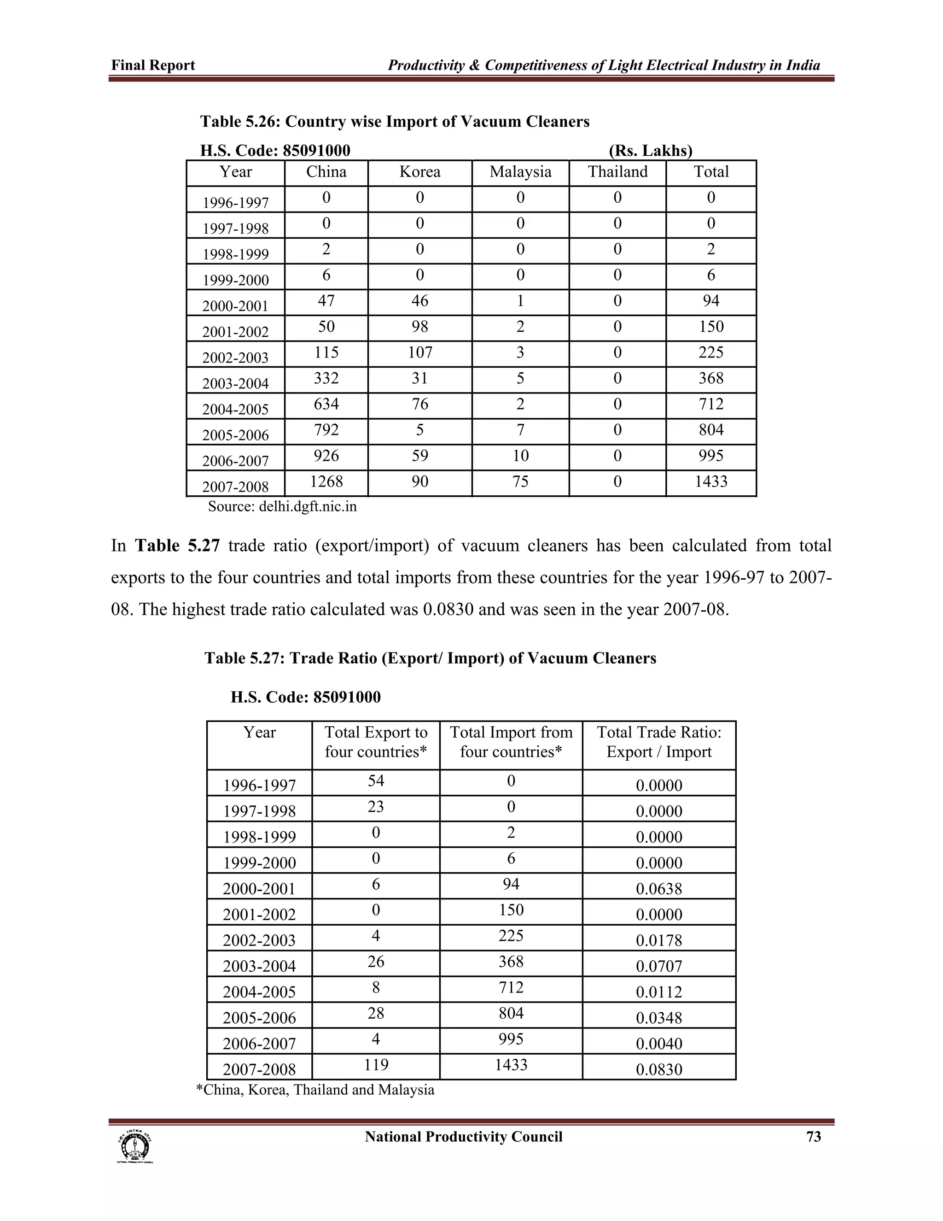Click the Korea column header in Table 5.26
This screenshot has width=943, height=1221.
pos(419,172)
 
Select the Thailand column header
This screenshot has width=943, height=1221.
pos(617,172)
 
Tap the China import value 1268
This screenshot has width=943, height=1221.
pos(326,481)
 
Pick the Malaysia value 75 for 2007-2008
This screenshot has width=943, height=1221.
pos(520,481)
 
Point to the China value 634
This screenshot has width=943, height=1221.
pos(326,404)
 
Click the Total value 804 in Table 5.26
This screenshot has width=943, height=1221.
pos(710,430)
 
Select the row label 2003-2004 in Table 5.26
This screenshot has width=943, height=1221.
pos(235,383)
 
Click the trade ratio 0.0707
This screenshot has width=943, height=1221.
pos(658,966)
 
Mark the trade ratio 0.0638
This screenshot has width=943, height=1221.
pos(658,888)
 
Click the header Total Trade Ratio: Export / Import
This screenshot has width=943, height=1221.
pos(658,742)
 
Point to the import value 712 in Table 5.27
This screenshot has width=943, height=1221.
pos(511,987)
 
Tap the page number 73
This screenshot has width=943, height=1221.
pos(814,1137)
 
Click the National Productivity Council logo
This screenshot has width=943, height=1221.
pos(134,1147)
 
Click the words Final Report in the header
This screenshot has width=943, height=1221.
pos(153,65)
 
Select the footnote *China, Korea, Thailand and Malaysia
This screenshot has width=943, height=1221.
pos(315,1090)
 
